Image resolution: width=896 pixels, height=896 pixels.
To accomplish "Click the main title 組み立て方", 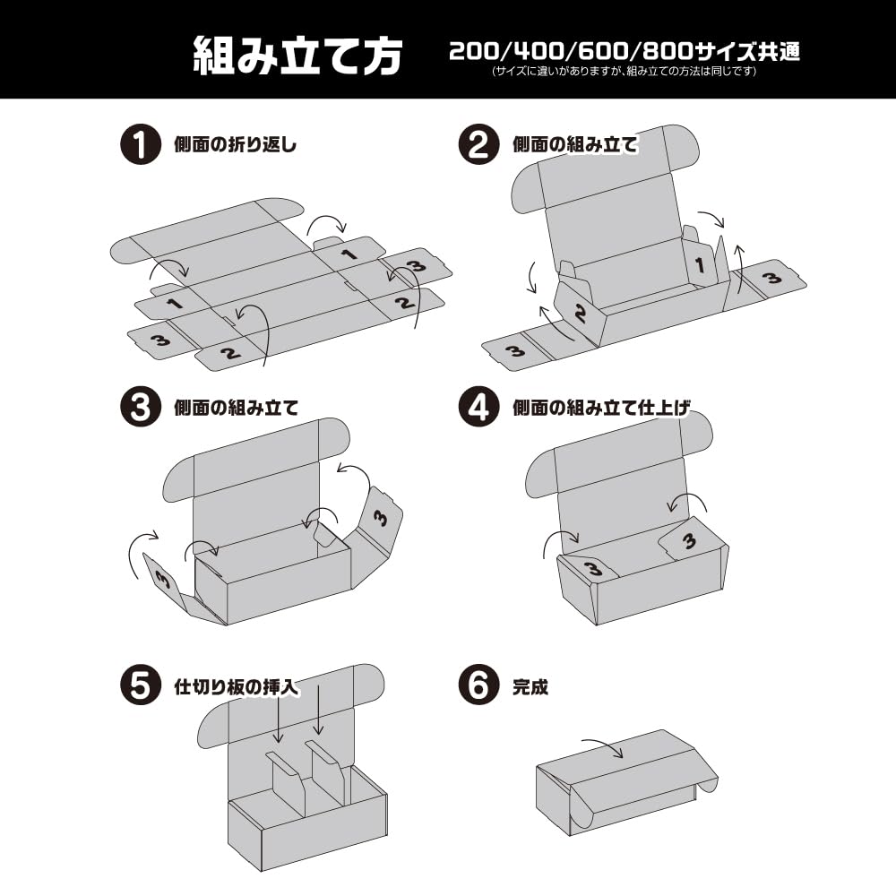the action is [x=297, y=56].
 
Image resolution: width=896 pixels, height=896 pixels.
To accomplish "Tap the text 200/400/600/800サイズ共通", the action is [x=625, y=51].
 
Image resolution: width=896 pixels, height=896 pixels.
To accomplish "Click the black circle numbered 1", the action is [x=140, y=144].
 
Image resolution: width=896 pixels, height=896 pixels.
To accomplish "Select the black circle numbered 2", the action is [x=478, y=144].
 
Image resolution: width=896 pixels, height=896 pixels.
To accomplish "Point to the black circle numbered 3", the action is [x=140, y=407].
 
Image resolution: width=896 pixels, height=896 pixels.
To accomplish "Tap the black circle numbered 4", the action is [x=478, y=407].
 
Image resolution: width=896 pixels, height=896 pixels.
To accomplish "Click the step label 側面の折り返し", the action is [x=236, y=144].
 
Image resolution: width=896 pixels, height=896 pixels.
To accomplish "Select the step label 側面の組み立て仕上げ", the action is [x=601, y=408].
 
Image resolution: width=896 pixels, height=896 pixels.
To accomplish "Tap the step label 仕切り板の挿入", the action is [x=236, y=686].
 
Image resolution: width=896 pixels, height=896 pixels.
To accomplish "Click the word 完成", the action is [x=530, y=686].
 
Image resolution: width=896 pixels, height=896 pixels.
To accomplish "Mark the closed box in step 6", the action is [x=627, y=783].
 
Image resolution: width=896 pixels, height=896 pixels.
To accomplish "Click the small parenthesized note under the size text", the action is [x=625, y=72].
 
